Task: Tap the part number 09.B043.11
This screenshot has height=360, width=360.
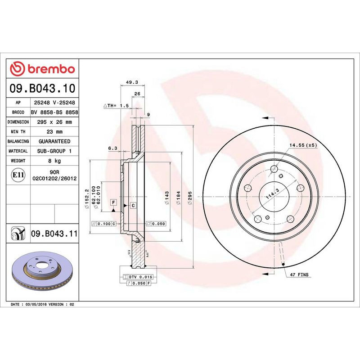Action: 54,234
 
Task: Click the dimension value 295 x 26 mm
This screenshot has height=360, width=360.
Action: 54,122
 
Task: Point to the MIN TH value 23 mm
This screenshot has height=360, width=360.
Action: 54,132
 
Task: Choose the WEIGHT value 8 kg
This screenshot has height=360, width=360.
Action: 54,161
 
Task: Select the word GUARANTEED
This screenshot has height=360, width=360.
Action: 54,141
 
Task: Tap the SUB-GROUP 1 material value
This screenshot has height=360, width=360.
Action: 54,151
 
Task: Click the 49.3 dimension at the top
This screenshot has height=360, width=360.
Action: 131,82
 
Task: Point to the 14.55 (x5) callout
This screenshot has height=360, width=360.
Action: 303,146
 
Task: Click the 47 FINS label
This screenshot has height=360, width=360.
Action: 300,274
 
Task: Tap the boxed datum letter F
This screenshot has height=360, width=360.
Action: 113,202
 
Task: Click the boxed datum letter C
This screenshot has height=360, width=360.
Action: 133,206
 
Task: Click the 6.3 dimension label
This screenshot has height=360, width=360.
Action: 112,148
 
